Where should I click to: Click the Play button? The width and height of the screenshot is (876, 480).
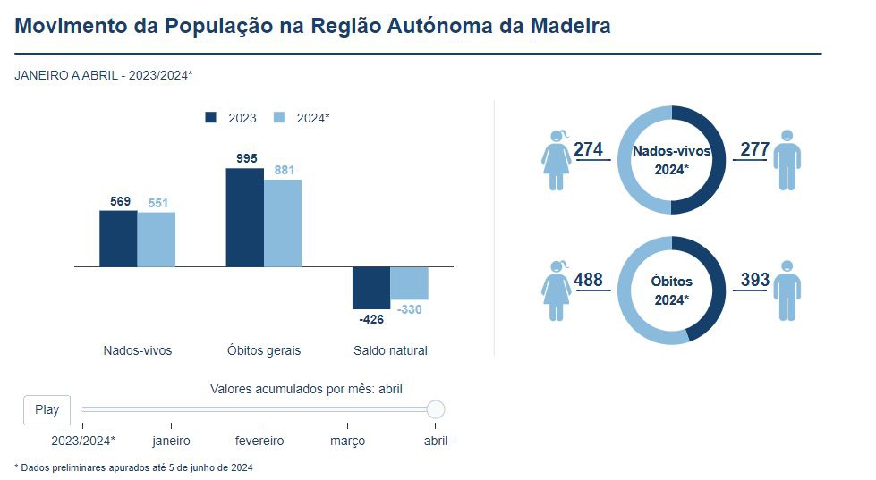[x=47, y=409]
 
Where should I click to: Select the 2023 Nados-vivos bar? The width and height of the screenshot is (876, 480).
[x=118, y=239]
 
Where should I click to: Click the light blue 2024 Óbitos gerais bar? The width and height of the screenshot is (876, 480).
[x=283, y=223]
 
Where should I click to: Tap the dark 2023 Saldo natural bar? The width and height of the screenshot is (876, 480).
[x=371, y=288]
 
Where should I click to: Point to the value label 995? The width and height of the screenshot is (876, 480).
[x=247, y=158]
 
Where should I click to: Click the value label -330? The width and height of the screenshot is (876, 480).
[x=409, y=309]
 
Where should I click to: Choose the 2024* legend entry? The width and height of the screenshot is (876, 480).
[x=304, y=118]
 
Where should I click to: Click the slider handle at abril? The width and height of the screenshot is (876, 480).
[x=436, y=409]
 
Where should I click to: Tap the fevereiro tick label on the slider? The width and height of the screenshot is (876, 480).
[x=259, y=441]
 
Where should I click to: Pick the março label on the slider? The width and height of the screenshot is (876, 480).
[x=347, y=441]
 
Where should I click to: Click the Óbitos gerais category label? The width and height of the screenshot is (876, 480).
[x=264, y=350]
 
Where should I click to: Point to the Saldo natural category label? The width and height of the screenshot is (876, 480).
[x=390, y=350]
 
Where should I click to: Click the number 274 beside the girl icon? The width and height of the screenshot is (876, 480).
[x=588, y=149]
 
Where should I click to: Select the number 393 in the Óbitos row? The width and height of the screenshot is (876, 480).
[x=755, y=280]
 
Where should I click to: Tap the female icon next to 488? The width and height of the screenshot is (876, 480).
[x=557, y=290]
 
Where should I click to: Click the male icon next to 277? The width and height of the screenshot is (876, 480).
[x=787, y=160]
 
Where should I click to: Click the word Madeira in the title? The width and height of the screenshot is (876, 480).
[x=571, y=26]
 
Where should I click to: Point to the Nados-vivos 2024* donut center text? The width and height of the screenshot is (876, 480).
[x=671, y=160]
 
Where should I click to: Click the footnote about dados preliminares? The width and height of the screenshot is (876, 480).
[x=134, y=467]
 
